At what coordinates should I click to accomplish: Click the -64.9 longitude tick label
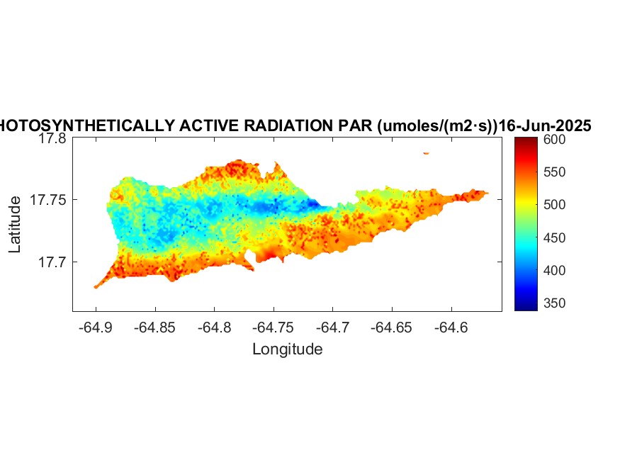point(96,327)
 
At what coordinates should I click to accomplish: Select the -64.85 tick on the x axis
point(155,327)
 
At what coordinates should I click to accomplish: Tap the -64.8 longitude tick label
point(215,327)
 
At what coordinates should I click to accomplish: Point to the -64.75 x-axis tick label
point(274,327)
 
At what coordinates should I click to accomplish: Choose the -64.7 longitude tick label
point(334,327)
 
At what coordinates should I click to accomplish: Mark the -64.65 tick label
point(393,327)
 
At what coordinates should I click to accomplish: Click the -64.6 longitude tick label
point(452,327)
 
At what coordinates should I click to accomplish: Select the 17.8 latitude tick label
point(52,139)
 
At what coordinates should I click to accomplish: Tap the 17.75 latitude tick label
point(48,201)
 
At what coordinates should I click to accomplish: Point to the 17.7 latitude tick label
point(52,262)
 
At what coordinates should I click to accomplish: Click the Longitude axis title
point(287,349)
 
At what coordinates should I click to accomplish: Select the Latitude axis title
point(15,225)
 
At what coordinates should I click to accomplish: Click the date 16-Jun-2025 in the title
point(546,126)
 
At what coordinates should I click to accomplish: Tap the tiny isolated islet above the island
point(426,152)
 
